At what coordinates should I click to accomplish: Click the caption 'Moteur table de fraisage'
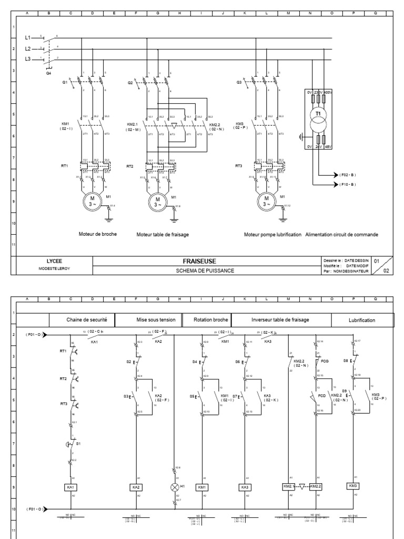pyautogui.click(x=162, y=235)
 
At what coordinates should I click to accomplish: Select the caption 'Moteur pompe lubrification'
pyautogui.click(x=272, y=234)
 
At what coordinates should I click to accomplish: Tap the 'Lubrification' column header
pyautogui.click(x=362, y=320)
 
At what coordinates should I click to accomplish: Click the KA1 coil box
pyautogui.click(x=70, y=487)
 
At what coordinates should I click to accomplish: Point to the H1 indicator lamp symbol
pyautogui.click(x=175, y=487)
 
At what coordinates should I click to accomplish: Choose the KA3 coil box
pyautogui.click(x=246, y=487)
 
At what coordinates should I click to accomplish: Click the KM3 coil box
pyautogui.click(x=353, y=485)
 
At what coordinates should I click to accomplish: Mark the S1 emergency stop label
pyautogui.click(x=79, y=444)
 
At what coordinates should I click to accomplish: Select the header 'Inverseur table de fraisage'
pyautogui.click(x=280, y=320)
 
